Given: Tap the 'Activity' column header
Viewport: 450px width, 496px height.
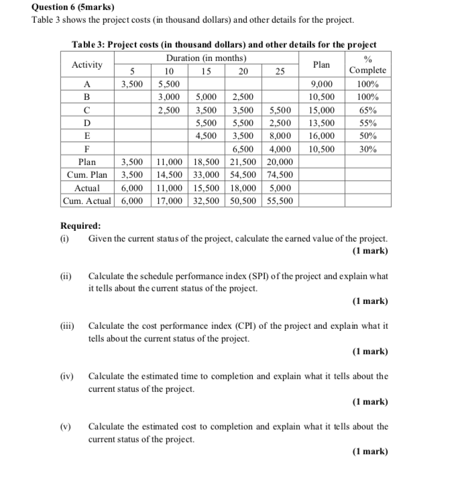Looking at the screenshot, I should tap(87, 64).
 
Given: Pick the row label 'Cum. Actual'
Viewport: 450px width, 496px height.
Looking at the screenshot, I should tap(87, 200).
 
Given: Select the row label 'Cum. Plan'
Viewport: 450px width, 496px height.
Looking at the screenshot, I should tap(87, 175).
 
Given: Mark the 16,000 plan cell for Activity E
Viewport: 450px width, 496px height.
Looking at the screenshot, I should tap(321, 136).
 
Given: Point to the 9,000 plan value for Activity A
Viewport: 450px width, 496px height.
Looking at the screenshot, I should tap(321, 85).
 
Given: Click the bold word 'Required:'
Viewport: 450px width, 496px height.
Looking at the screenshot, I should tap(81, 226).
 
